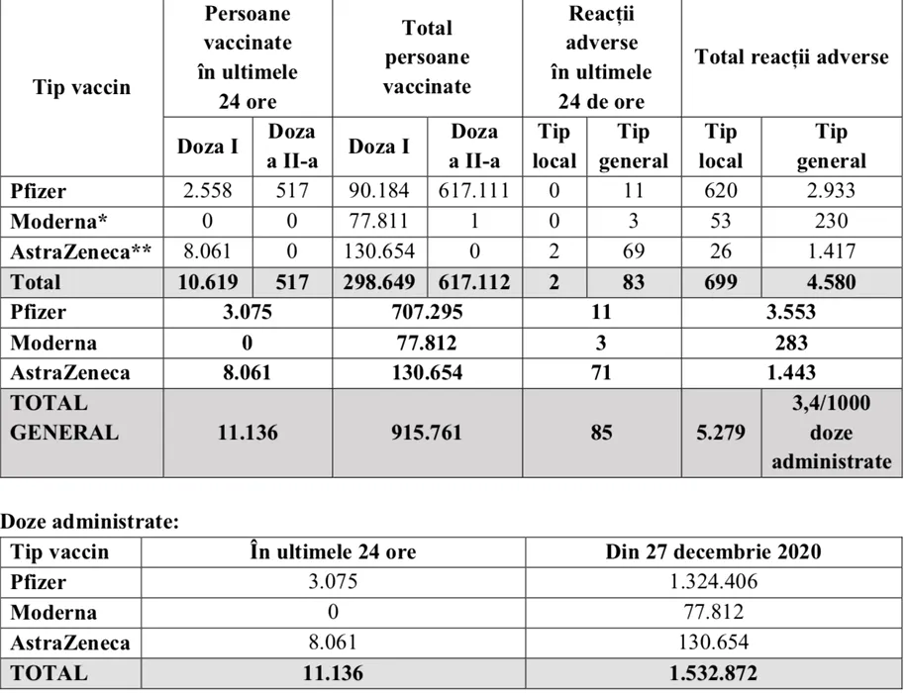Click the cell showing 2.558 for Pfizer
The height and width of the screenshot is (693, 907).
pyautogui.click(x=208, y=191)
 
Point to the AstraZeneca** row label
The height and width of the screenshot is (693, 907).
pyautogui.click(x=71, y=251)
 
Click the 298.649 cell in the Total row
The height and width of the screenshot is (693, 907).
pyautogui.click(x=379, y=282)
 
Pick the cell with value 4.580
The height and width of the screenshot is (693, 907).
pyautogui.click(x=830, y=282)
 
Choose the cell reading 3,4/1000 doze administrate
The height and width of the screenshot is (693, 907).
pyautogui.click(x=830, y=433)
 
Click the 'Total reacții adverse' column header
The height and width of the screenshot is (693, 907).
pyautogui.click(x=792, y=57)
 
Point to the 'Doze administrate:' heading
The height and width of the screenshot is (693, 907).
pyautogui.click(x=90, y=522)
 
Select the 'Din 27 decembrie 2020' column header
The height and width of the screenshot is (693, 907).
pyautogui.click(x=713, y=552)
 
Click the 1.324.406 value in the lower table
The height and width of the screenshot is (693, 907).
pyautogui.click(x=713, y=582)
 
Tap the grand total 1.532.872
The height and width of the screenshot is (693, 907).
pyautogui.click(x=713, y=673)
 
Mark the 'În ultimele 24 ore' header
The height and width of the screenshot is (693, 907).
pyautogui.click(x=334, y=552)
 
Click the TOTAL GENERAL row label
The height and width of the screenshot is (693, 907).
pyautogui.click(x=64, y=419)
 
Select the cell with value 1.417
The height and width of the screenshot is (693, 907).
pyautogui.click(x=830, y=251)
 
